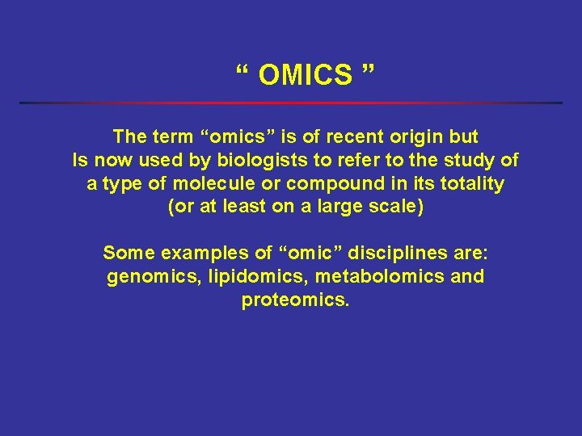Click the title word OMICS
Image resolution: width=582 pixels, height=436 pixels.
pyautogui.click(x=306, y=75)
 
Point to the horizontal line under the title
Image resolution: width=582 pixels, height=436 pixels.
pyautogui.click(x=291, y=103)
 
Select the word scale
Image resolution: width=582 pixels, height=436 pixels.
pyautogui.click(x=395, y=207)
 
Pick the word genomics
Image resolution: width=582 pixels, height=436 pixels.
pyautogui.click(x=154, y=277)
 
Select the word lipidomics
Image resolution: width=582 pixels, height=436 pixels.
pyautogui.click(x=258, y=277)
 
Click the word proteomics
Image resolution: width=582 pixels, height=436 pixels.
pyautogui.click(x=294, y=300)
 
